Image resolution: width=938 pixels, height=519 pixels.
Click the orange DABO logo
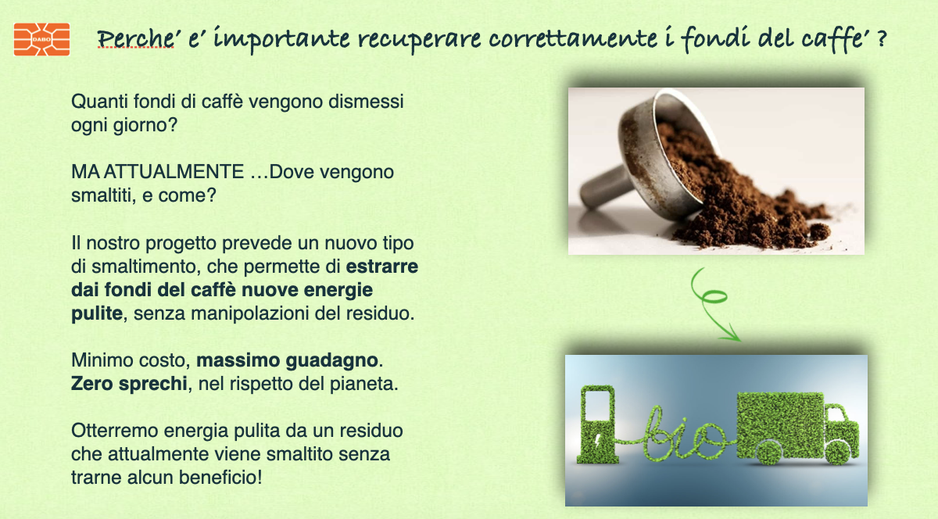coord(41,39)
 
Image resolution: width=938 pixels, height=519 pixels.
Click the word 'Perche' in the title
coord(136,39)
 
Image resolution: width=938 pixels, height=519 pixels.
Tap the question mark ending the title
coord(882,38)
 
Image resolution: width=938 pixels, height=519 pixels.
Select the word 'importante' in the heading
coord(281,39)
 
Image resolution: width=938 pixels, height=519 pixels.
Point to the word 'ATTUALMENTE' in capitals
coord(174,172)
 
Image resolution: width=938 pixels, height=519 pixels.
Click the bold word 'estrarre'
coord(382,267)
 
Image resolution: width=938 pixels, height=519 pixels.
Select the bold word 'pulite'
coord(97,313)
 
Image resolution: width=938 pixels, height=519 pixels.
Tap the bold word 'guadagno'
coord(331,361)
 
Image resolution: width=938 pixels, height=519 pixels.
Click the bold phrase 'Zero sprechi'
coord(129,384)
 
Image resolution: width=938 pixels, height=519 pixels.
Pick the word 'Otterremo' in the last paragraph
coord(114,431)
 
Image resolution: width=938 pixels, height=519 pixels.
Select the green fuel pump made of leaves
coord(596,424)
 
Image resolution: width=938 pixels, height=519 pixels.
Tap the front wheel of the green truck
coord(837,453)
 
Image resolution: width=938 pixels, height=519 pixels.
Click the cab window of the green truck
coord(835,414)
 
